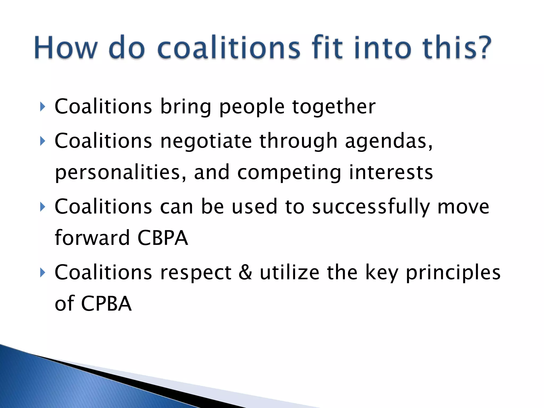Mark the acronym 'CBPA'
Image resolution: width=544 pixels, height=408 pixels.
163,238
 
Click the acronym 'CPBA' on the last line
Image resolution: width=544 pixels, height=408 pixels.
106,304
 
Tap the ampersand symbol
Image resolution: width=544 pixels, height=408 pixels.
245,272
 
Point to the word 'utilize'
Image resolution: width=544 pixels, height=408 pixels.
289,272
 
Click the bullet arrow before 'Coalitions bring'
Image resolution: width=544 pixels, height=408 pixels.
42,107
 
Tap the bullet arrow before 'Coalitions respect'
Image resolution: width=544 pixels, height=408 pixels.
42,273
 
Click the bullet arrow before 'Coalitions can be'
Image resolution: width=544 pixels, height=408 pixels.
42,207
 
